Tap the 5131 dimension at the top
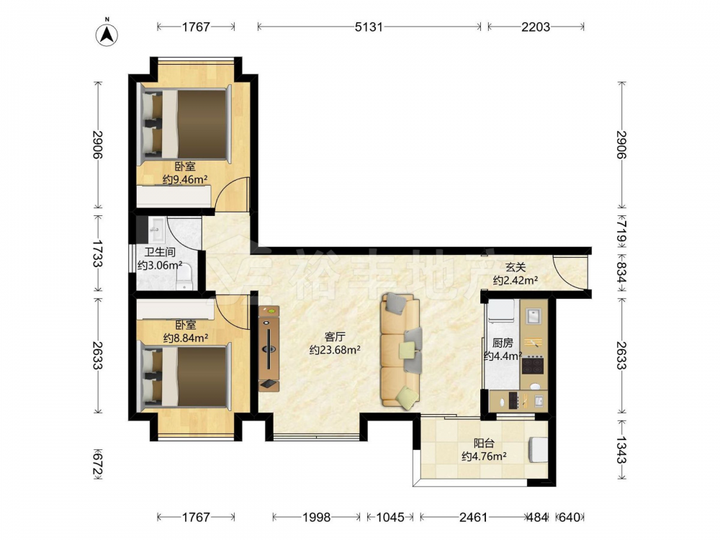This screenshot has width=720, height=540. (369, 27)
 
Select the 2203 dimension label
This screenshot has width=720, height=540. (536, 27)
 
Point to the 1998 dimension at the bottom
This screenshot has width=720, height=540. (316, 518)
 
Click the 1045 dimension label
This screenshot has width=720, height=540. (390, 518)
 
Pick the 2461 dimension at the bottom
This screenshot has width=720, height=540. (474, 518)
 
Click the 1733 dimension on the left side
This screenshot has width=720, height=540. (97, 253)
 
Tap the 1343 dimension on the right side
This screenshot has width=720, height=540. (621, 451)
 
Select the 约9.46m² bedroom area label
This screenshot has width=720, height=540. (185, 179)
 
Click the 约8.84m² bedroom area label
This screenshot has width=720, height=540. (186, 338)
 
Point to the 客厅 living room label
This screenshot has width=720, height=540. (335, 337)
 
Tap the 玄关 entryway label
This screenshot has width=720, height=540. (516, 267)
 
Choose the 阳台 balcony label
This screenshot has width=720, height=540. (484, 444)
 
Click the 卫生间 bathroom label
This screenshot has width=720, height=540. (160, 253)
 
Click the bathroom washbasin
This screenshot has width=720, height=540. (156, 229)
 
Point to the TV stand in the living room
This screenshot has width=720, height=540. (269, 348)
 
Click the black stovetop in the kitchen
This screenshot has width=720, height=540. (533, 366)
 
